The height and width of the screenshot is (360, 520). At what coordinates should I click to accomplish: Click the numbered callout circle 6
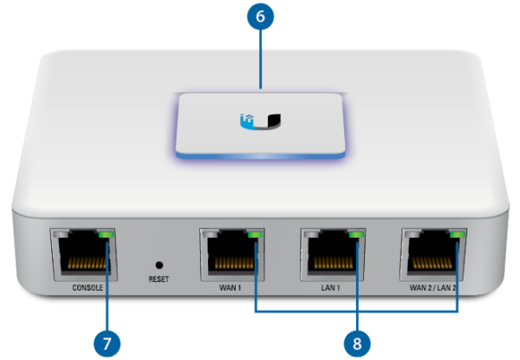click(x=260, y=16)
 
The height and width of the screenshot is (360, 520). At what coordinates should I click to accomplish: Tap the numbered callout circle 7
click(x=107, y=344)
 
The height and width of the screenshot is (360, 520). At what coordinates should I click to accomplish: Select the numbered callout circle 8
click(x=357, y=344)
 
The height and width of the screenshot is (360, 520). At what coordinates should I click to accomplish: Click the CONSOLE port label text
click(x=88, y=287)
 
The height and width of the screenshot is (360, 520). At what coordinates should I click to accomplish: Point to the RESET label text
click(x=159, y=279)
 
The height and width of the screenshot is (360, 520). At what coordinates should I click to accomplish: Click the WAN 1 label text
click(x=231, y=287)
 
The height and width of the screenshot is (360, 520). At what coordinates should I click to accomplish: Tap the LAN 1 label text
click(x=331, y=287)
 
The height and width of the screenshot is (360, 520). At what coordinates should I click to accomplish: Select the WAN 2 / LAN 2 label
click(x=432, y=287)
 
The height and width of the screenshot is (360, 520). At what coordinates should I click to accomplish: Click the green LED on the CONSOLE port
click(x=106, y=234)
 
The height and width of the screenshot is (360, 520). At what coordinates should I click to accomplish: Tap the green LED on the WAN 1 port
click(x=256, y=234)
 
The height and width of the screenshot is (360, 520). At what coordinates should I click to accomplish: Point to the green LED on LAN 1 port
click(x=356, y=234)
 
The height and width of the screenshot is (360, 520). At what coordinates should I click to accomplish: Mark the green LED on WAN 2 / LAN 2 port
click(x=457, y=234)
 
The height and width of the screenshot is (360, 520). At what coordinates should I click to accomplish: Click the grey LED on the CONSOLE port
click(x=62, y=234)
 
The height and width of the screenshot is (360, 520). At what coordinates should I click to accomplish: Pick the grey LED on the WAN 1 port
click(x=211, y=234)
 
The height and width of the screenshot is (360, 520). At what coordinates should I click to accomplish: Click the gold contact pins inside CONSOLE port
click(x=88, y=263)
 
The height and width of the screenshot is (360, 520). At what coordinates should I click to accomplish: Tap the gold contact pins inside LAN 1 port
click(x=334, y=263)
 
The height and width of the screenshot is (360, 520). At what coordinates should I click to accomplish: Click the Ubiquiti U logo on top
click(x=260, y=121)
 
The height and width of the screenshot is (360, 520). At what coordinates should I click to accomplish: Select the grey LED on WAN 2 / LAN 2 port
click(x=413, y=234)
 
